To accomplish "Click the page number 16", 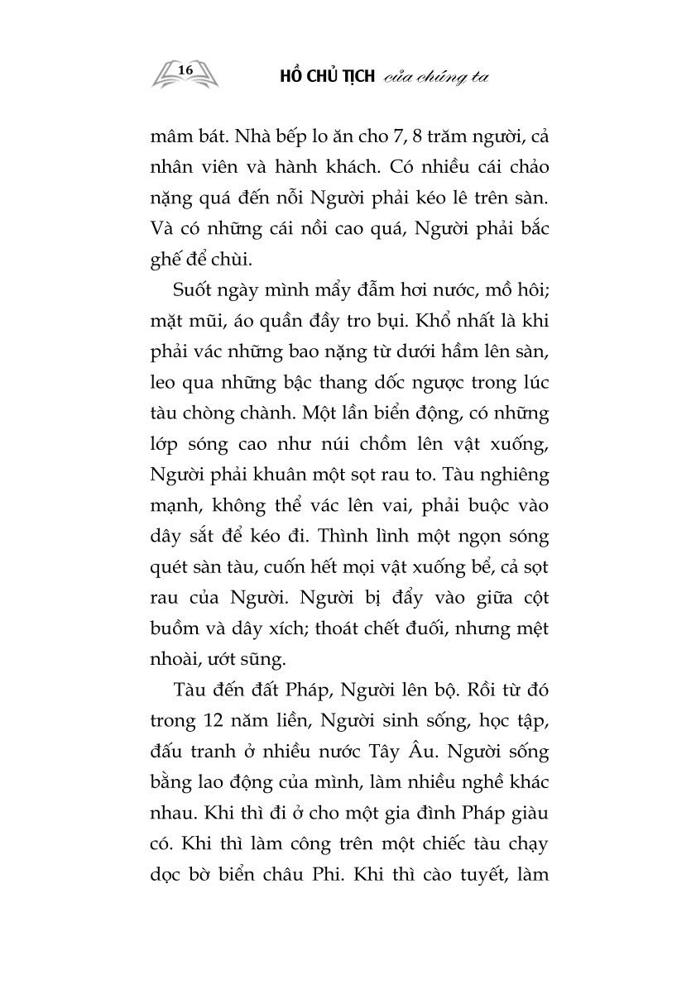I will coord(185,71).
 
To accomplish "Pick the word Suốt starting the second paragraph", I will coord(196,290).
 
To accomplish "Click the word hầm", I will coord(459,360).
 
